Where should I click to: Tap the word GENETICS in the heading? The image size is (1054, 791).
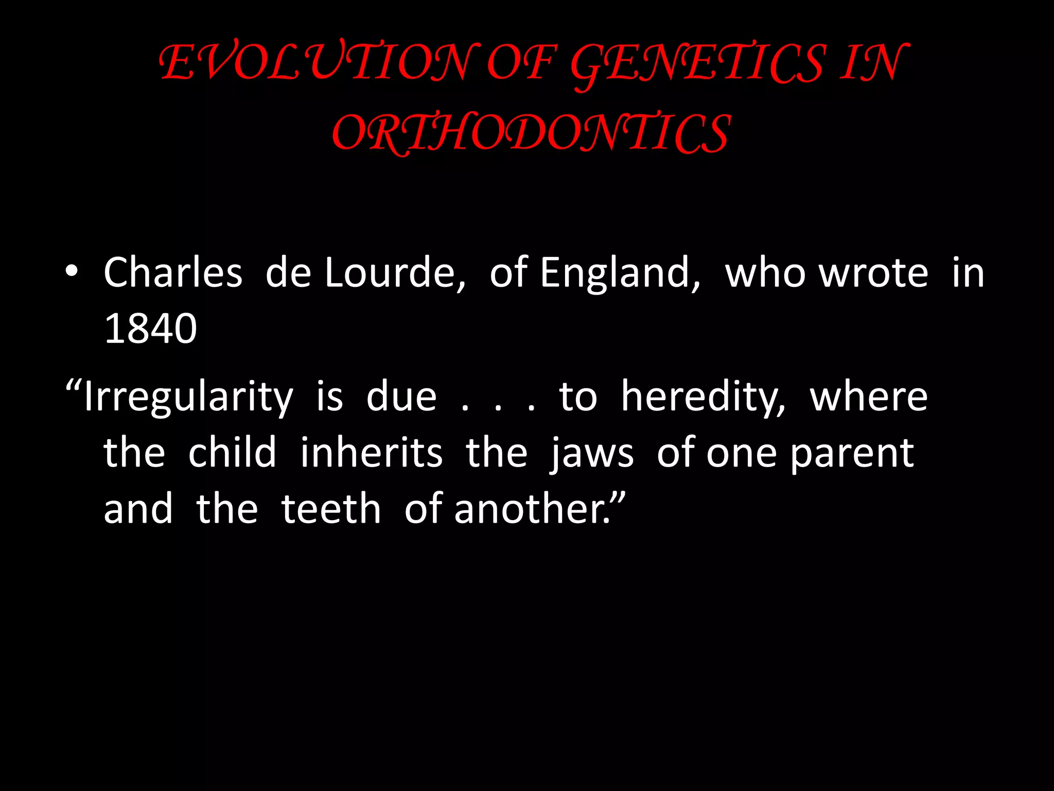point(697,65)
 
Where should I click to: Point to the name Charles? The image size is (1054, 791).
point(173,273)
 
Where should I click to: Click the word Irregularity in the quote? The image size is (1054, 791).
point(188,398)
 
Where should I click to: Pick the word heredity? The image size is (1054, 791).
point(703,398)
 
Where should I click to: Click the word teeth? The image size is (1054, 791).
point(331,509)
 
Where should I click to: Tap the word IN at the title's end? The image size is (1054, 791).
point(873,63)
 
